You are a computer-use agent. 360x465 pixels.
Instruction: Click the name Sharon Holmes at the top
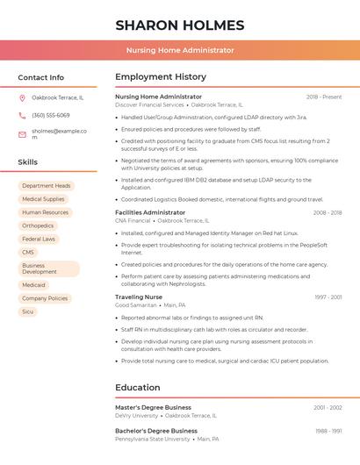(179, 25)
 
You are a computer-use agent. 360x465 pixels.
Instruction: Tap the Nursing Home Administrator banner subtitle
(179, 50)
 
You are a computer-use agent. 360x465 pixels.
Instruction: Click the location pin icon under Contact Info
(22, 97)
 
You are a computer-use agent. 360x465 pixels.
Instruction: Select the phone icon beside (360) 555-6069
(22, 115)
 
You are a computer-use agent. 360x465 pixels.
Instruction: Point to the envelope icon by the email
(22, 133)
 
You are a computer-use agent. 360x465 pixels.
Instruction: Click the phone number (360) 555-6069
(51, 115)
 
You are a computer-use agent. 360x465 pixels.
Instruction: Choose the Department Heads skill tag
(47, 186)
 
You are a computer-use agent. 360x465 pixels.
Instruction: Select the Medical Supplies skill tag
(43, 199)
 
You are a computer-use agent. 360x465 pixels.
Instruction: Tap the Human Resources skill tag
(45, 212)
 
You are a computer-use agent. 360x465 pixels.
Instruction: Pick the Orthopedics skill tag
(38, 225)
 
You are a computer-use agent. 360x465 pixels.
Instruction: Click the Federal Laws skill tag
(39, 239)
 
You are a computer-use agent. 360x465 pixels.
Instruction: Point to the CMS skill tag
(28, 252)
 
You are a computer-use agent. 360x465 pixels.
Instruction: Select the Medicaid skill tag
(33, 285)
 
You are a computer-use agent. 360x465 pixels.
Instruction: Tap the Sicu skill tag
(28, 311)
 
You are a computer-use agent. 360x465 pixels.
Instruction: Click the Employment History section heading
(161, 77)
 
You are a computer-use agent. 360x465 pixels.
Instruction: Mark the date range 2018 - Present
(324, 97)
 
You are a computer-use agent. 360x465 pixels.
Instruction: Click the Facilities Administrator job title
(150, 212)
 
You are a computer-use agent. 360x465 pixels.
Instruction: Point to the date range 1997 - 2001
(328, 297)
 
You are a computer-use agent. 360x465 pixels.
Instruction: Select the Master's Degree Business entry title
(153, 407)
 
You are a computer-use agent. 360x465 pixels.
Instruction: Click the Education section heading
(138, 387)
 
